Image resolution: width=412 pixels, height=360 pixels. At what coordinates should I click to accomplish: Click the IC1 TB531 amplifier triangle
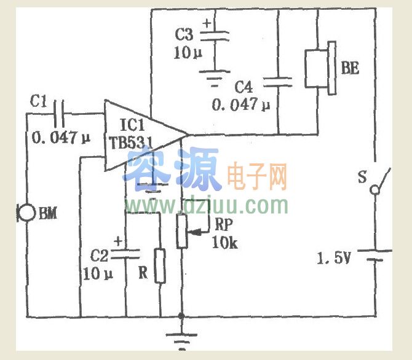tap(143, 136)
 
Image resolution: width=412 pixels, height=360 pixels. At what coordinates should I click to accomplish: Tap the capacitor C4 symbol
tap(278, 82)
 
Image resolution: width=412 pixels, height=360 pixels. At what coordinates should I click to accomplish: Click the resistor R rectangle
tap(160, 265)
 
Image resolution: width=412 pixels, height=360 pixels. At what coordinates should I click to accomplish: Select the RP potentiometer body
tap(182, 230)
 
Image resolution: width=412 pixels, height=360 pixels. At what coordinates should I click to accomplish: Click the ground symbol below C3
tap(213, 77)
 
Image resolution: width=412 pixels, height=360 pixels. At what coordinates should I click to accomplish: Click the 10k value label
tap(224, 243)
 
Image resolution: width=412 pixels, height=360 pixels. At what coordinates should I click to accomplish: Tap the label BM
tap(48, 214)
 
